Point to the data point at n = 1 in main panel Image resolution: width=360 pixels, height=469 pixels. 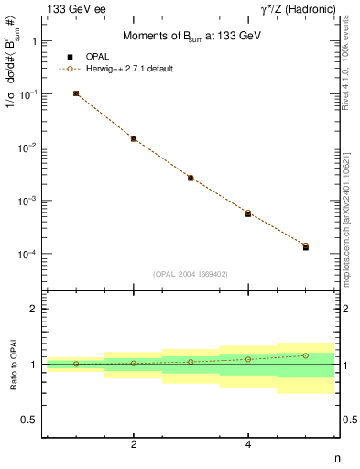coord(76,93)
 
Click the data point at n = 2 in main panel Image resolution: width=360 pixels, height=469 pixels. coord(134,138)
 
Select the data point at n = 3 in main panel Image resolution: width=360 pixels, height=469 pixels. coord(191,178)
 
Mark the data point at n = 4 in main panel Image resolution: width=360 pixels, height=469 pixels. coord(248,213)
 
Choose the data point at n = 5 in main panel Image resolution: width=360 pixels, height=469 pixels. coord(306,246)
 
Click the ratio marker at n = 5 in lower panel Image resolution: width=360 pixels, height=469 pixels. coord(306,355)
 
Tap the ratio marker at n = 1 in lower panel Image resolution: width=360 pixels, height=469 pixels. coord(76,364)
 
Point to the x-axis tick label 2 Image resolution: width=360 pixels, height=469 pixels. coord(134,444)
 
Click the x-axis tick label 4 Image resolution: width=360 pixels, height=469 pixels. coord(248,444)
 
